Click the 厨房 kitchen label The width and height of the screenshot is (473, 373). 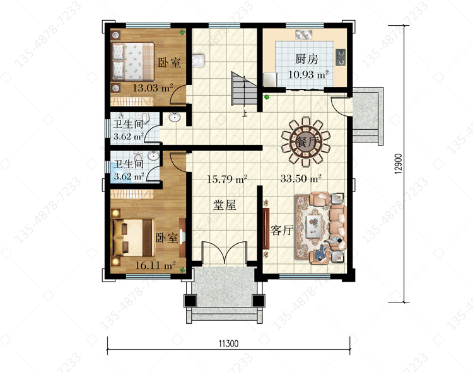pos(306,59)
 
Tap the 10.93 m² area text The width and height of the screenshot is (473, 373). pos(308,74)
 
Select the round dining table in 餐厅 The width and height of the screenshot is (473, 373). pos(306,141)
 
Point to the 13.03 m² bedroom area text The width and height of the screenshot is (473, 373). pos(153,88)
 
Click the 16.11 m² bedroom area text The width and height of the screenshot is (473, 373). pos(155,265)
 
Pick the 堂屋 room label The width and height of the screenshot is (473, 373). pos(225,205)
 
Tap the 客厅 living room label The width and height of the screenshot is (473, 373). pos(282,230)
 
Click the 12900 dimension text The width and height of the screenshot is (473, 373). pos(398,164)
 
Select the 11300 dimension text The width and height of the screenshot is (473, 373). pos(228,343)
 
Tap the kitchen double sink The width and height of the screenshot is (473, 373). pos(304,35)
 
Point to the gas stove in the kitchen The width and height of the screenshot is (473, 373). pos(341,57)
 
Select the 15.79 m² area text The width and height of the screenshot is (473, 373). pos(227,179)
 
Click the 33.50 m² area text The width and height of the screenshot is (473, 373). pos(301,178)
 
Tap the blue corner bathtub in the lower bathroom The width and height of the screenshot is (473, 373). pos(120,173)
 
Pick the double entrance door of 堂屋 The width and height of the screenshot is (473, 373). pos(225,253)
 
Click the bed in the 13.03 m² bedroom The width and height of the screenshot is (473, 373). pos(133,61)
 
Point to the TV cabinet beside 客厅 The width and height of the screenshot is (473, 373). pos(266,228)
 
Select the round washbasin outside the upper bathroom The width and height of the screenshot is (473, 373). pos(174,117)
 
